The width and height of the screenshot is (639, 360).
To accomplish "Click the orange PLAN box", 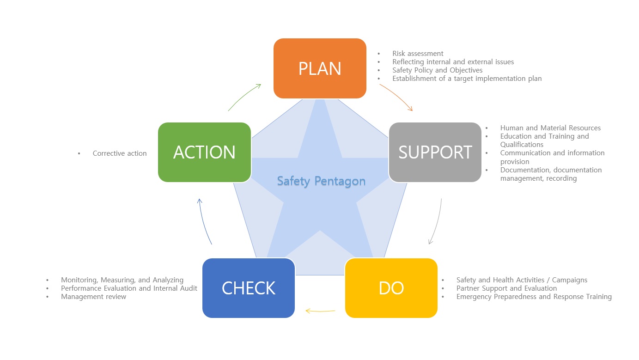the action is pyautogui.click(x=320, y=68).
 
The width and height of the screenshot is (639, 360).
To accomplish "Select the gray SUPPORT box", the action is pyautogui.click(x=435, y=153).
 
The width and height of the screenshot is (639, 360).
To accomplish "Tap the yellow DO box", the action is pyautogui.click(x=391, y=288).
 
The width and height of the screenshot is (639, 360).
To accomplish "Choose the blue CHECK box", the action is pyautogui.click(x=249, y=288).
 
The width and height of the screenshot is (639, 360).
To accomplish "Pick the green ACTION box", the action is pyautogui.click(x=205, y=153).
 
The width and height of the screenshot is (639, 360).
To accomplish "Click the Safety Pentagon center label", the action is pyautogui.click(x=321, y=181).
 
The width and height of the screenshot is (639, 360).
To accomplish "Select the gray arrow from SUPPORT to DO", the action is pyautogui.click(x=438, y=222).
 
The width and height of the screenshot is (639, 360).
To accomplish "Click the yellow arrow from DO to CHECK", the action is pyautogui.click(x=320, y=311).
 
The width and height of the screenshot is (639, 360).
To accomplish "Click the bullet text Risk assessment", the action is pyautogui.click(x=418, y=53).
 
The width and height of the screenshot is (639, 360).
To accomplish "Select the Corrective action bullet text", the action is pyautogui.click(x=120, y=153).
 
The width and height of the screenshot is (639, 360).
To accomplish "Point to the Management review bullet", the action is pyautogui.click(x=94, y=297).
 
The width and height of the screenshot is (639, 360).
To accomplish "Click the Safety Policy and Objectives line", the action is pyautogui.click(x=437, y=70).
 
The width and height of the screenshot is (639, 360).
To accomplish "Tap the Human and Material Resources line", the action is pyautogui.click(x=550, y=128).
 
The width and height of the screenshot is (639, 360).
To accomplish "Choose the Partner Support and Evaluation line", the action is pyautogui.click(x=507, y=288).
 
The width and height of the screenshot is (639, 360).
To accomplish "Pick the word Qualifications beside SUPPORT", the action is pyautogui.click(x=522, y=145).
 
